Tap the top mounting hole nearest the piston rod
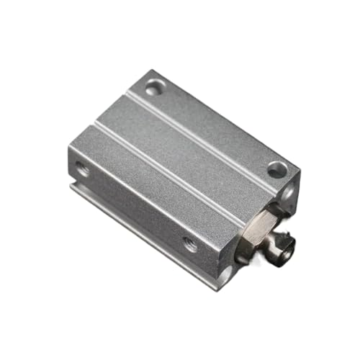tap(276, 171)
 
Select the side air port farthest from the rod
tap(84, 170)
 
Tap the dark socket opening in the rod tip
tap(292, 251)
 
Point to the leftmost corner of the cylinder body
tap(69, 151)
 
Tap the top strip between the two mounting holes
tap(216, 130)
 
